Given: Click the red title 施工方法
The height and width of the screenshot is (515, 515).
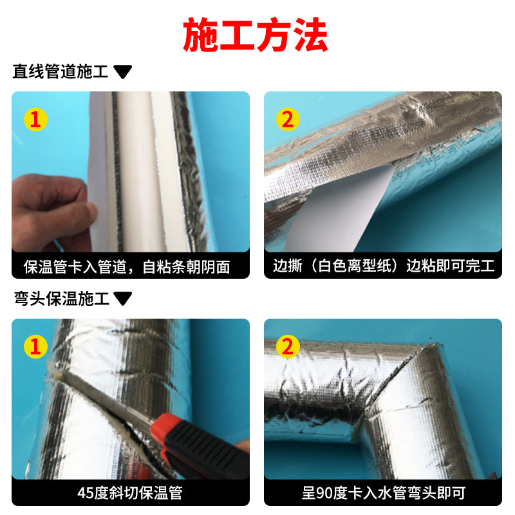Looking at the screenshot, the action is pyautogui.click(x=255, y=35).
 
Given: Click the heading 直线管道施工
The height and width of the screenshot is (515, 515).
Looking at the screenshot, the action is pyautogui.click(x=61, y=71).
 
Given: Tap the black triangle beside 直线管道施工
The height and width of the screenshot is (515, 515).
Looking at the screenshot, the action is pyautogui.click(x=122, y=71).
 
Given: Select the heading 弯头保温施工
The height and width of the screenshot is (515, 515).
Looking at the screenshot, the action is pyautogui.click(x=61, y=299).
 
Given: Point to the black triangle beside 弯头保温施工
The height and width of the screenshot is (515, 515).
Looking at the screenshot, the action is pyautogui.click(x=122, y=299).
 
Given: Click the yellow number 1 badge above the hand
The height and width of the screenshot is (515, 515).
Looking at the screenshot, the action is pyautogui.click(x=35, y=119).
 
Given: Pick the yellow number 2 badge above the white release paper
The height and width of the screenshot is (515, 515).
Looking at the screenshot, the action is pyautogui.click(x=288, y=119).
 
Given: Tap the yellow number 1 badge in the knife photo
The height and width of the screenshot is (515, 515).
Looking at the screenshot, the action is pyautogui.click(x=35, y=346).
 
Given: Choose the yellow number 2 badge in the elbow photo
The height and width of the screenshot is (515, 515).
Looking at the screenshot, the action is pyautogui.click(x=288, y=346).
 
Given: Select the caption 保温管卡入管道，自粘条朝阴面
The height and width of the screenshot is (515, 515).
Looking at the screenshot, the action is pyautogui.click(x=127, y=267).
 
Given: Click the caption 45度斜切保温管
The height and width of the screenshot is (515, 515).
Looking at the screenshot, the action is pyautogui.click(x=130, y=493).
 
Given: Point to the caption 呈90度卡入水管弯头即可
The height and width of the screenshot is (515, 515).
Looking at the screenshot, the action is pyautogui.click(x=383, y=493).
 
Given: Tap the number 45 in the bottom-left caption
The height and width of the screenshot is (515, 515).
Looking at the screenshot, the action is pyautogui.click(x=85, y=493).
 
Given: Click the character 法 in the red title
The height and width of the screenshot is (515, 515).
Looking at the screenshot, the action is pyautogui.click(x=310, y=35).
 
